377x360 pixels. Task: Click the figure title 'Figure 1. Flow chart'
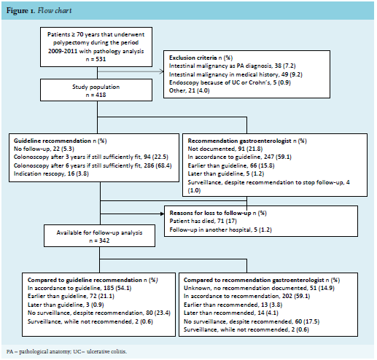pos(39,11)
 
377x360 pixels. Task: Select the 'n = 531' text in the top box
pos(96,59)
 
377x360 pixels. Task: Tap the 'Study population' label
pos(96,87)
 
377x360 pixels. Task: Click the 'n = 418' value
pos(96,95)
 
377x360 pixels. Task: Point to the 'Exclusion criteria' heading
pos(193,58)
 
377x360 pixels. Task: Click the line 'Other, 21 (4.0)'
pos(190,90)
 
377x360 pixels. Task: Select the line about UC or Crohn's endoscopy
pos(230,82)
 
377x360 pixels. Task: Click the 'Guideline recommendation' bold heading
pos(53,141)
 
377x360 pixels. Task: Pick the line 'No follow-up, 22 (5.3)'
pos(44,149)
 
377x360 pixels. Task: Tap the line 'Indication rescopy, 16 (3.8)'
pos(51,173)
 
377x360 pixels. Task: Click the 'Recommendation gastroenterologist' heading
pos(239,141)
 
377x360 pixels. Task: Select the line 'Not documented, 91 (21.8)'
pos(225,149)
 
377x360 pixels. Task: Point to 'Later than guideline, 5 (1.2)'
pos(226,173)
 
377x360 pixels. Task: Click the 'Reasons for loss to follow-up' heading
pos(210,213)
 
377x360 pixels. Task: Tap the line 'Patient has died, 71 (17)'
pos(203,221)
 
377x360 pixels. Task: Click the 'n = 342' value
pos(99,240)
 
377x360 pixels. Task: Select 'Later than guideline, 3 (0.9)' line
pos(66,305)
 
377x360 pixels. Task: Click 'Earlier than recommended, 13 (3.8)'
pos(233,305)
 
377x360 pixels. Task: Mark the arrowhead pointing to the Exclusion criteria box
pos(162,71)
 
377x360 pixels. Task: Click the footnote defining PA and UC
pos(66,351)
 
